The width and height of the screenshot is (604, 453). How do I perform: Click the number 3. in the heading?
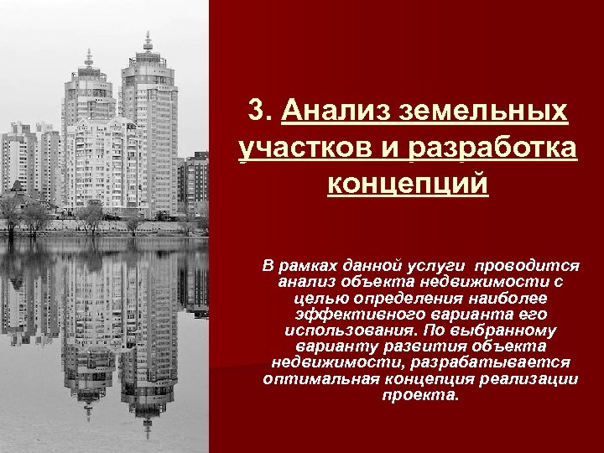tap(263, 112)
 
